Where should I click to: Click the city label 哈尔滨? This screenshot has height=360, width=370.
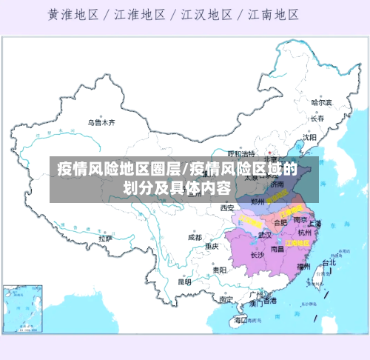[321, 102]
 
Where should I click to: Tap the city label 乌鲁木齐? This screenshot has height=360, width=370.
[101, 123]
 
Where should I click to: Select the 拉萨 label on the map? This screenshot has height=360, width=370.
[105, 239]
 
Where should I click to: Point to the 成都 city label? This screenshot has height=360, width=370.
[195, 238]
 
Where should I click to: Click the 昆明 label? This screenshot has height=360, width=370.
[185, 281]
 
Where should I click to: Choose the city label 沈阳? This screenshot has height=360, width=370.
[309, 137]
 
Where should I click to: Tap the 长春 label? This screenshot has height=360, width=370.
[317, 118]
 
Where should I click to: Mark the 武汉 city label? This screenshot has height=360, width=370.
[265, 234]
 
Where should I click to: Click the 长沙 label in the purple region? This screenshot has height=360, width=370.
[257, 255]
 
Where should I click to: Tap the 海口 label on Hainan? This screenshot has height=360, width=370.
[240, 320]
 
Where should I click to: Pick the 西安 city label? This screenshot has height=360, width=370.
[227, 208]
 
